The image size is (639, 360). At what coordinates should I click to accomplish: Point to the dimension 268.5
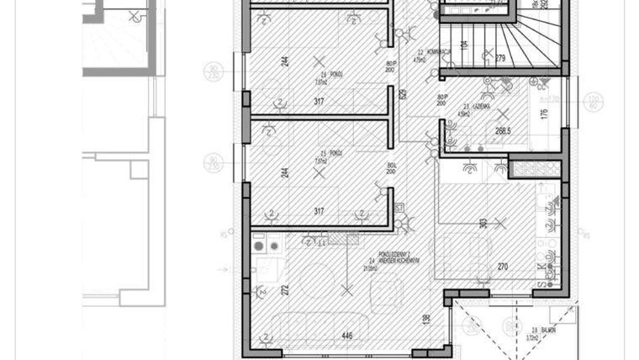click(x=503, y=130)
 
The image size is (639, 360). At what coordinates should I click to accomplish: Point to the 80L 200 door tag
click(x=391, y=167)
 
